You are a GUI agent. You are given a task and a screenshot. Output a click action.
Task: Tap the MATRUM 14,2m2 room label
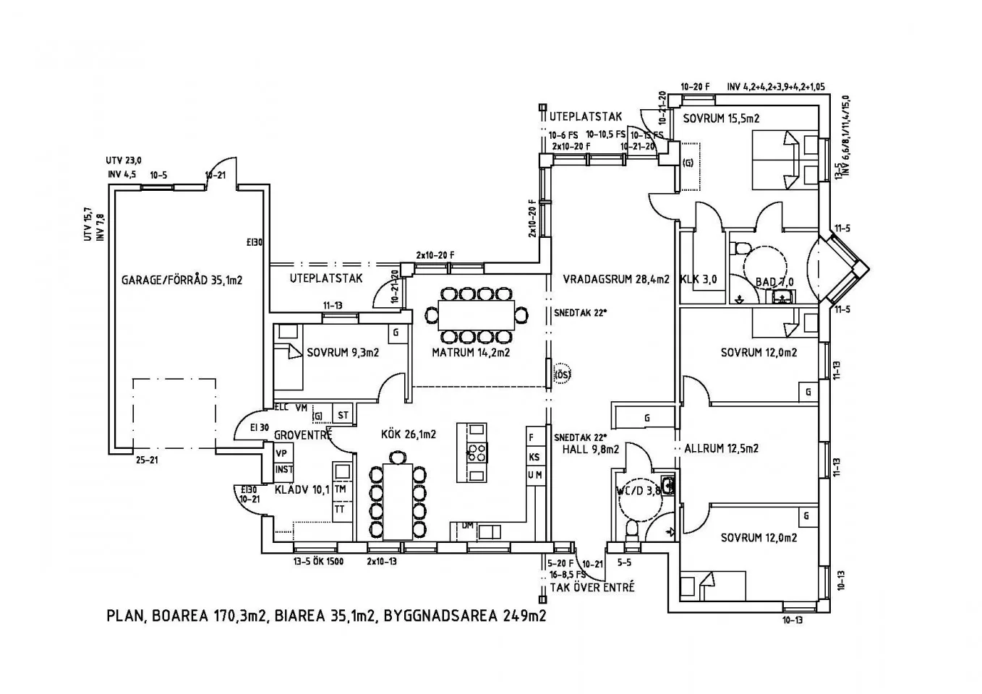[x=471, y=353]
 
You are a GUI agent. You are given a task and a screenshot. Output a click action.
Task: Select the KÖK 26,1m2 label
[x=409, y=434]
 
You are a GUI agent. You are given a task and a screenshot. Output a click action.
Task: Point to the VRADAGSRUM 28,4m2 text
[x=616, y=278]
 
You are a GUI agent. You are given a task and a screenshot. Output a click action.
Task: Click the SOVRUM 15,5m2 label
[x=721, y=119]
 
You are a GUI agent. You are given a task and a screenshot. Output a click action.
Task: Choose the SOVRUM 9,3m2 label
[x=343, y=354]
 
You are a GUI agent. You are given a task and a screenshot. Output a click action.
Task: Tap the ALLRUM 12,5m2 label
[x=721, y=448]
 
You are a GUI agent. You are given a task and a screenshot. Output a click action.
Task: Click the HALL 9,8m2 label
[x=590, y=449]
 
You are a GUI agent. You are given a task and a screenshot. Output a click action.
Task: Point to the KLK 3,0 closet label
[x=698, y=279]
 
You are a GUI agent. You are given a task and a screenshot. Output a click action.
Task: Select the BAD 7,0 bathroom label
[x=774, y=281]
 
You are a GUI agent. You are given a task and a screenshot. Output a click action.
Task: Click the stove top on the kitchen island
[x=477, y=453]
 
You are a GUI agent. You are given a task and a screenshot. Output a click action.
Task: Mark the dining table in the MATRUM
[x=476, y=315]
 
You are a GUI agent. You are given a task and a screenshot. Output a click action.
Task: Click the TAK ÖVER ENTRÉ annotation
[x=592, y=586]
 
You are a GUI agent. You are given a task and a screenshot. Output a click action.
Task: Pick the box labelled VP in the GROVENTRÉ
[x=283, y=453]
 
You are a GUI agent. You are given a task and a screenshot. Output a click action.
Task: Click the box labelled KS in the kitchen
[x=534, y=457]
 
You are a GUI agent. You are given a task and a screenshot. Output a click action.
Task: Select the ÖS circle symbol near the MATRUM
[x=562, y=374]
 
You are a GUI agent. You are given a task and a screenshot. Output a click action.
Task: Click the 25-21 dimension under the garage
[x=148, y=460]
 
